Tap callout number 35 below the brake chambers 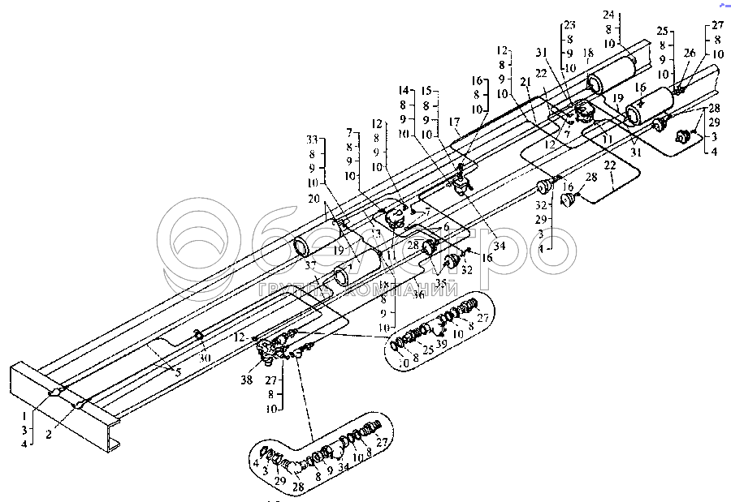(x=440, y=283)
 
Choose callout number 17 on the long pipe (x=456, y=122)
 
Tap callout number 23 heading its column (x=569, y=24)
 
